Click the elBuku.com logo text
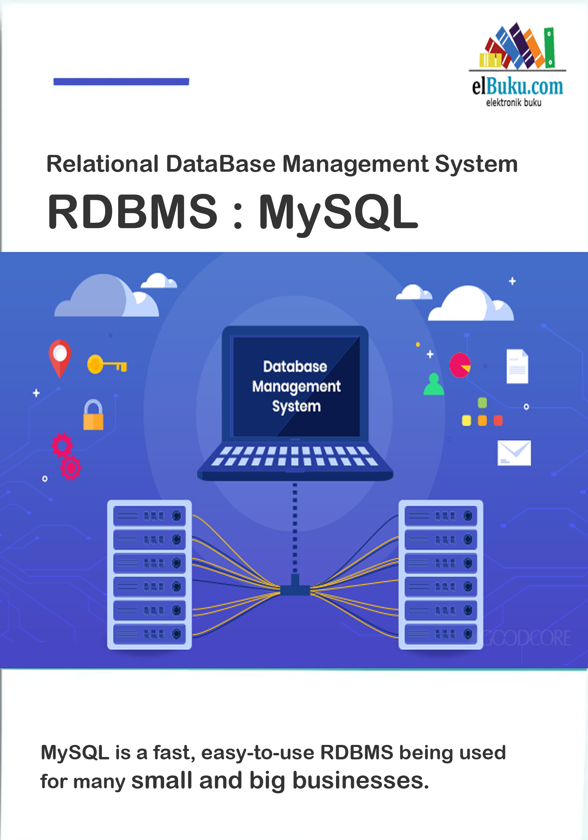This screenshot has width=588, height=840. pos(517,87)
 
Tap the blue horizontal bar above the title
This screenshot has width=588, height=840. pos(121,82)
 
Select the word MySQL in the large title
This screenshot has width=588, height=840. pos(338,212)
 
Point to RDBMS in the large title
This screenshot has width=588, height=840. pos(132,212)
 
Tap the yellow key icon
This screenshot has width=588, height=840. pos(107,364)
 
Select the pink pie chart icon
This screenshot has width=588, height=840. pos(460,365)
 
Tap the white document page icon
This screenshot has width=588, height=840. pos(517,366)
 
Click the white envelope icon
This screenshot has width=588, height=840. pos(514,453)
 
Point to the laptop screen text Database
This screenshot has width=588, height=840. pos(295,367)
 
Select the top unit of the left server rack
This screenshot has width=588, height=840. pos(149,515)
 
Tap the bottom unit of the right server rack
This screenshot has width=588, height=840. pos(440,634)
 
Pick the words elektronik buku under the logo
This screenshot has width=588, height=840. pos(513,103)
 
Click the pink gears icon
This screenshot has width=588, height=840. pos(66,456)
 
